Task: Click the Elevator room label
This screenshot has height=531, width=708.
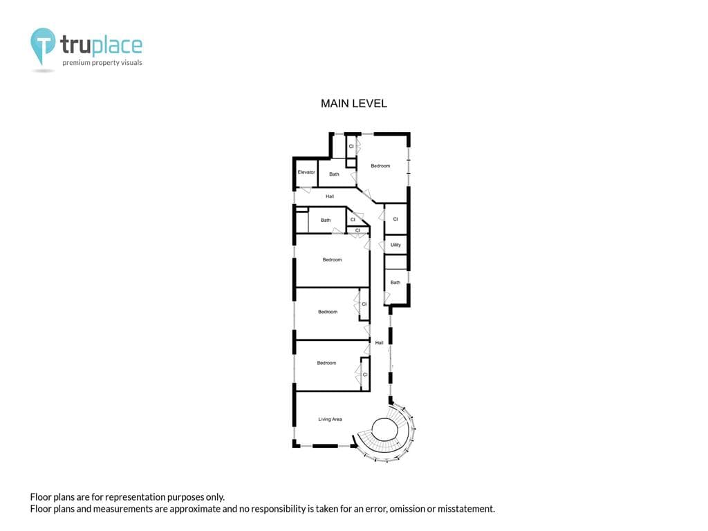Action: tap(306, 172)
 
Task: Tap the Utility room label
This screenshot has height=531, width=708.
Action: tap(395, 245)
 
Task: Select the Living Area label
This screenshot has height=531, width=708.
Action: tap(330, 419)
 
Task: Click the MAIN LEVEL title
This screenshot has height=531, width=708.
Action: tap(354, 104)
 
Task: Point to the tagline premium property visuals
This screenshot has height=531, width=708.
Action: tap(102, 62)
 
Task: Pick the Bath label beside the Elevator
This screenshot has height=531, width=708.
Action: tap(334, 174)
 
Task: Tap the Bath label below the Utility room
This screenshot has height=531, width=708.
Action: tap(395, 282)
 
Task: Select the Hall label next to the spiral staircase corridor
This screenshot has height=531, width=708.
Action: tap(380, 343)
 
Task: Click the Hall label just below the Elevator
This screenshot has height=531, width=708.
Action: tap(330, 196)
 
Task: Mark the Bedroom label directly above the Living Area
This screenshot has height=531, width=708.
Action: tap(326, 362)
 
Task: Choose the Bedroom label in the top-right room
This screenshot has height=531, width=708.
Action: tap(380, 166)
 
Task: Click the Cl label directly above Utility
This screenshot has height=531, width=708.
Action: tap(395, 219)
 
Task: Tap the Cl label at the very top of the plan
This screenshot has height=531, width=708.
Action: tap(351, 147)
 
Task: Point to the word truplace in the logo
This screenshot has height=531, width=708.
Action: tap(101, 45)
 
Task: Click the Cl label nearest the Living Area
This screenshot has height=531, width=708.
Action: tap(365, 374)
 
